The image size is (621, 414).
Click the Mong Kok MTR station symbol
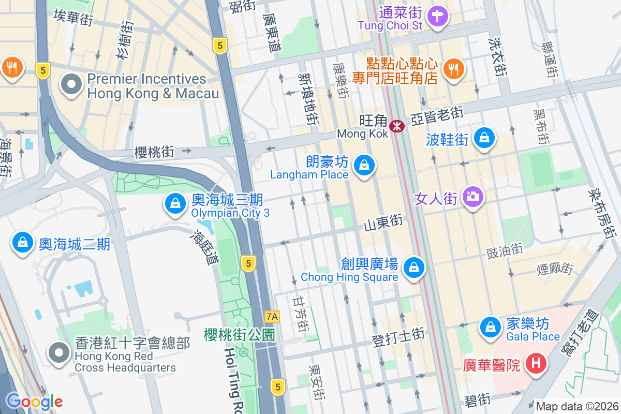click(x=397, y=126)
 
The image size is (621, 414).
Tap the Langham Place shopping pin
click(x=364, y=166)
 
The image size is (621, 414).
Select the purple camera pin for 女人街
click(x=472, y=197)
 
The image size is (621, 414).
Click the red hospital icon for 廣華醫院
click(x=536, y=364)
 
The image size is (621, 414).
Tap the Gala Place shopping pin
click(x=490, y=327)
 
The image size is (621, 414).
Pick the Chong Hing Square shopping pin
click(x=413, y=268)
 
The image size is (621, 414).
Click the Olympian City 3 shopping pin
click(x=175, y=203)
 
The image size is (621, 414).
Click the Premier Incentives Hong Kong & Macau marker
click(x=71, y=84)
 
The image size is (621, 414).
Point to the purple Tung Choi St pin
click(x=438, y=16)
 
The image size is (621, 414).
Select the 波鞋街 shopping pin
click(x=484, y=138)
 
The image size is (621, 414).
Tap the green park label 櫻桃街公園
click(x=239, y=334)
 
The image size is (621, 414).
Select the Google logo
click(x=34, y=401)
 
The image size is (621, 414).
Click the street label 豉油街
click(x=505, y=251)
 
